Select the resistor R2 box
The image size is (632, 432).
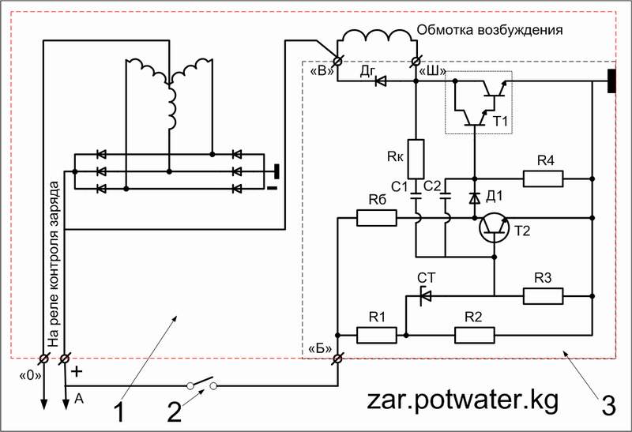click(475, 335)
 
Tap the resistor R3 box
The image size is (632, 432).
click(543, 295)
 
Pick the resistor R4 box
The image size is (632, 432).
click(543, 178)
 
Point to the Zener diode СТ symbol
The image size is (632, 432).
click(424, 295)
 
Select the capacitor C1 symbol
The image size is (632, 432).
click(416, 193)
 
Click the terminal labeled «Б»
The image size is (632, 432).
click(337, 359)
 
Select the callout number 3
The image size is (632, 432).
click(608, 406)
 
